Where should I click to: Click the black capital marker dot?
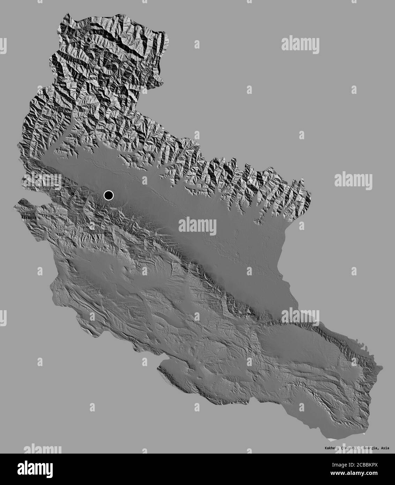click(109, 195)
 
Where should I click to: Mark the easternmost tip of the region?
click(383, 367)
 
